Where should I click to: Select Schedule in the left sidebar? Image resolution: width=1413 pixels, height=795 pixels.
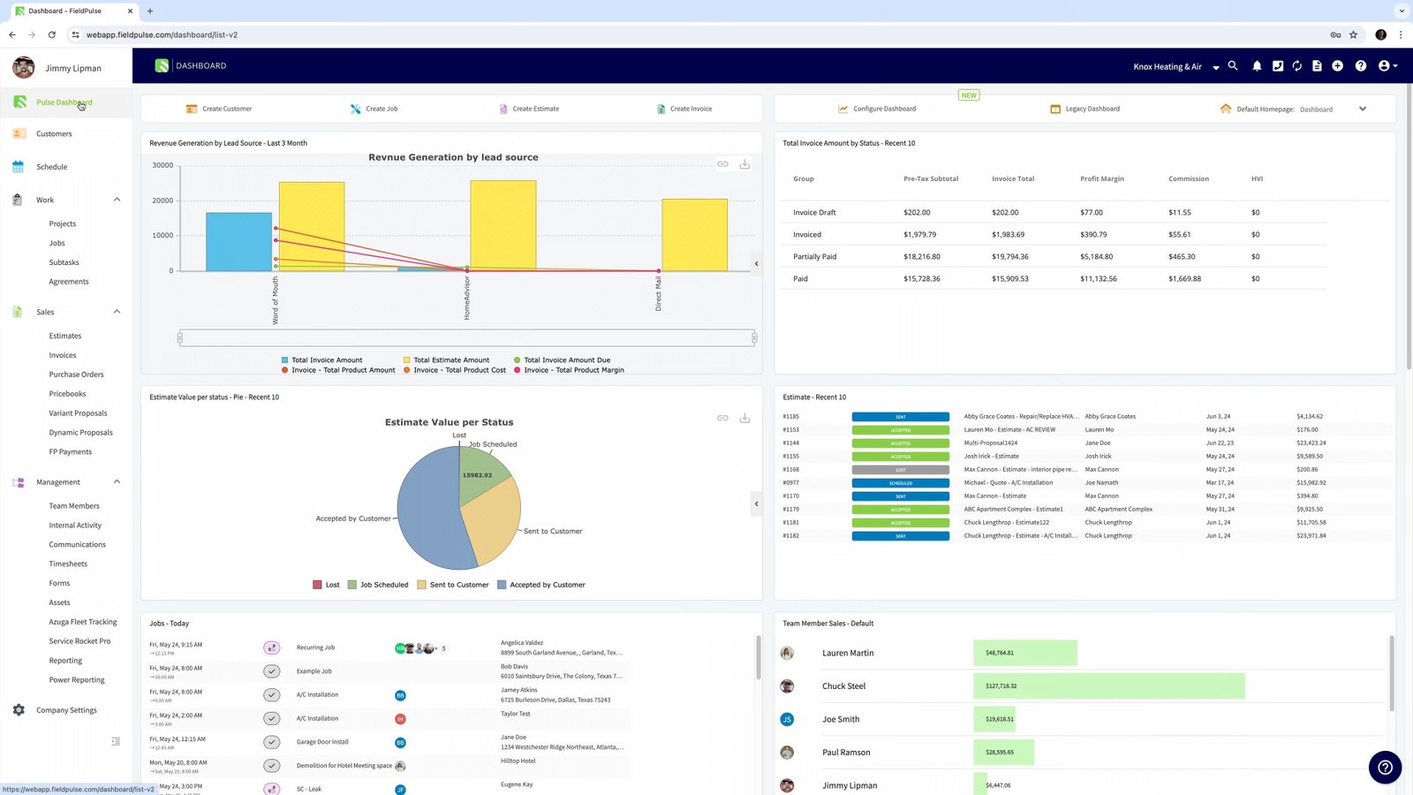[x=51, y=167]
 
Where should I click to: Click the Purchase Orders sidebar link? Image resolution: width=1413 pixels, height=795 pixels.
[x=76, y=375]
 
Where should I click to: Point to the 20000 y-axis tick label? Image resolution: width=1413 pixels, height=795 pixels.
[x=162, y=201]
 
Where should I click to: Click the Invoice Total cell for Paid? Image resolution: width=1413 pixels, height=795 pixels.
[x=1009, y=279]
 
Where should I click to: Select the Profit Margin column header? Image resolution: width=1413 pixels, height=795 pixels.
[x=1101, y=179]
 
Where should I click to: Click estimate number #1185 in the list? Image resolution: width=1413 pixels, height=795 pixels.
[x=790, y=417]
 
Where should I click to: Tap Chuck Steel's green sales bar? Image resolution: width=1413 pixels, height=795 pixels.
[x=1108, y=686]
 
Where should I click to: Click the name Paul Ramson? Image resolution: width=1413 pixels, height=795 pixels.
[x=845, y=753]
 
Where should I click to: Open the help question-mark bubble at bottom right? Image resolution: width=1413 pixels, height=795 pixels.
[x=1384, y=767]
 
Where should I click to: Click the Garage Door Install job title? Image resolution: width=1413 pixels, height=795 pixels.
[x=322, y=742]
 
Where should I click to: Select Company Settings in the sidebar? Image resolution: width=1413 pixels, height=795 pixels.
[x=66, y=710]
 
